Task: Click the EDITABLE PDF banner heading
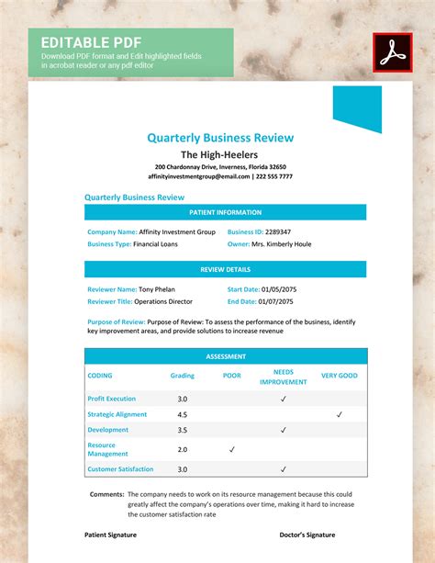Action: (78, 42)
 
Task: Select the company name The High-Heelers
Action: (218, 154)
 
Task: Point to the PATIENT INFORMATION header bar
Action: (225, 212)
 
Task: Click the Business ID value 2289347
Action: (271, 232)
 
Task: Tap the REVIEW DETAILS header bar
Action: (225, 269)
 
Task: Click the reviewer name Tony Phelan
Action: (159, 289)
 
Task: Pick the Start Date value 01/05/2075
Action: (288, 289)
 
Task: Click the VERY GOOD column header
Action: (339, 376)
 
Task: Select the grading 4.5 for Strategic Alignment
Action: (182, 414)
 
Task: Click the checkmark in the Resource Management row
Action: (232, 449)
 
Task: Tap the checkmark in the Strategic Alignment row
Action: (339, 414)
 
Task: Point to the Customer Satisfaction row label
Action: (120, 469)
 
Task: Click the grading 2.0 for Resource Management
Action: (182, 449)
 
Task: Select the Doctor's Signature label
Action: (307, 535)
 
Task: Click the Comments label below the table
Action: (107, 494)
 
